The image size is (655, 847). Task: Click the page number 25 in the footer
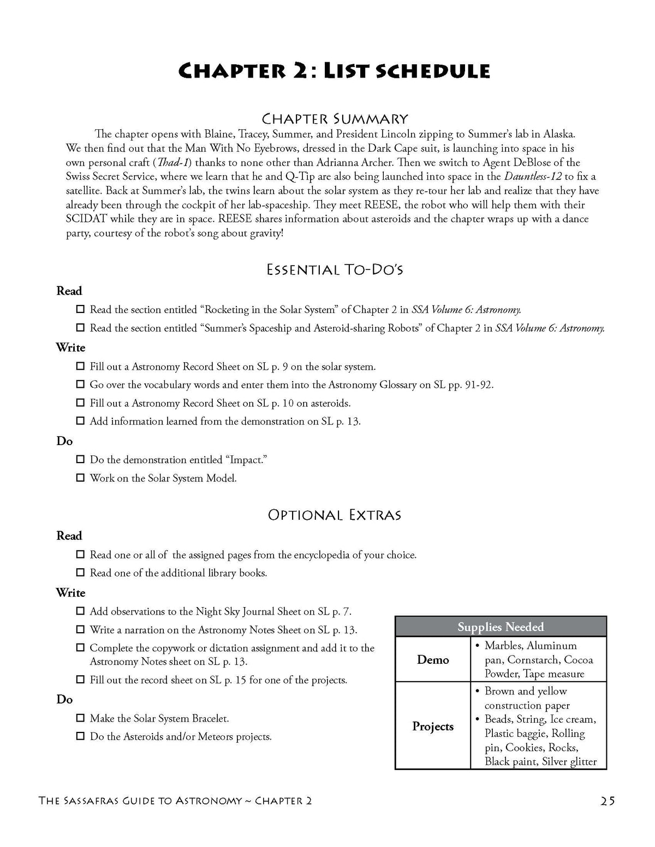pyautogui.click(x=608, y=801)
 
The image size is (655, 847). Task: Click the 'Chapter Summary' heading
pyautogui.click(x=335, y=118)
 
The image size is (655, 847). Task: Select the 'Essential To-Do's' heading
pyautogui.click(x=335, y=269)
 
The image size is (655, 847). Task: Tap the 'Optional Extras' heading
pyautogui.click(x=335, y=515)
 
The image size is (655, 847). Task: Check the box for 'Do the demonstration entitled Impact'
pyautogui.click(x=80, y=460)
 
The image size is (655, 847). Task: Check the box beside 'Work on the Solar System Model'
pyautogui.click(x=80, y=478)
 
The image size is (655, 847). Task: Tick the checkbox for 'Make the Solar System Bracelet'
pyautogui.click(x=80, y=718)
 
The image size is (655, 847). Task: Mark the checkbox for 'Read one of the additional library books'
pyautogui.click(x=80, y=573)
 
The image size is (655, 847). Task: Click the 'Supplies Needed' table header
pyautogui.click(x=500, y=627)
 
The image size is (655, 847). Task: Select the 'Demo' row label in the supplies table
pyautogui.click(x=433, y=659)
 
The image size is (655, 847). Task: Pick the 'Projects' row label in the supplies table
pyautogui.click(x=433, y=726)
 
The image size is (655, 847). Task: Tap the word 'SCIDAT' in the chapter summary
pyautogui.click(x=85, y=219)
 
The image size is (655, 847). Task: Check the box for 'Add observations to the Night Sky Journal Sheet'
pyautogui.click(x=80, y=611)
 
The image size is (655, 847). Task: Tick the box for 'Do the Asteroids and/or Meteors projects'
pyautogui.click(x=80, y=736)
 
